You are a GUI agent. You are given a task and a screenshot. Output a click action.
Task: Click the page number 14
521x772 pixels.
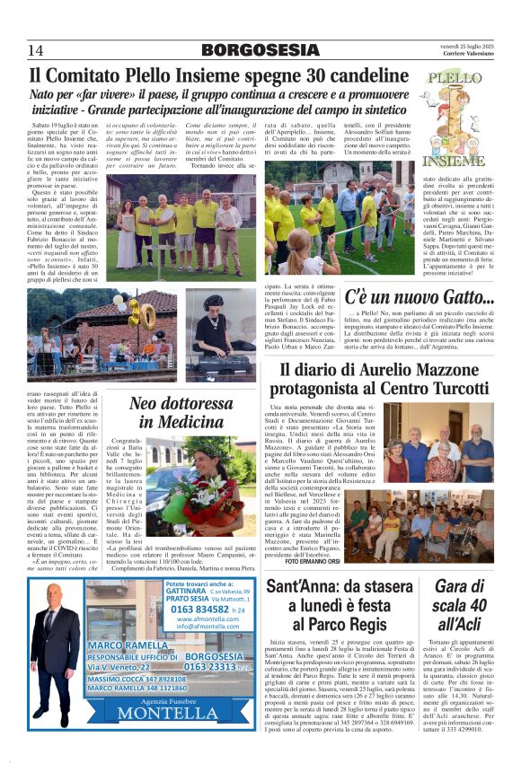(x=37, y=49)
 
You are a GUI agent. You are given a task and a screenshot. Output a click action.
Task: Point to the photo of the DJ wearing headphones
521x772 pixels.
(x=219, y=330)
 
